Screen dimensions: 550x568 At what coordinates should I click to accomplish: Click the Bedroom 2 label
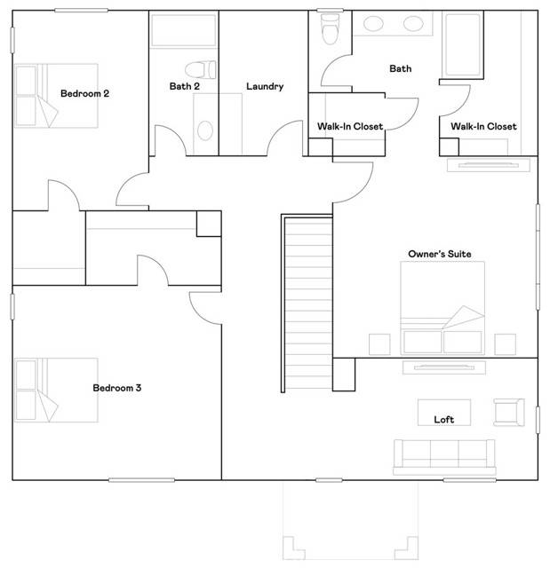[84, 93]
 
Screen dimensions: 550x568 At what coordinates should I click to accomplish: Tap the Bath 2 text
[185, 86]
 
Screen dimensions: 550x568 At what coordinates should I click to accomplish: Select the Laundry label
[265, 87]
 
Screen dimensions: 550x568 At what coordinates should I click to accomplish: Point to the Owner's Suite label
[440, 254]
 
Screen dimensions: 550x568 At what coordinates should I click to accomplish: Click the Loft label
[444, 420]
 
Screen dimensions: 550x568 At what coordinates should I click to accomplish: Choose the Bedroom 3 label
[117, 388]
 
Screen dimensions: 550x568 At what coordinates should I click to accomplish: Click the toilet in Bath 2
[201, 70]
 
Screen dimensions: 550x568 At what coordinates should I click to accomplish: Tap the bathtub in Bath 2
[183, 30]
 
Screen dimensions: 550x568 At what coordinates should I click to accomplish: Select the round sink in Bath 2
[205, 130]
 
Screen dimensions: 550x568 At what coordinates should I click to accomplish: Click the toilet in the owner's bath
[330, 28]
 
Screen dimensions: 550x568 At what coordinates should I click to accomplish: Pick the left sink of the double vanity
[373, 24]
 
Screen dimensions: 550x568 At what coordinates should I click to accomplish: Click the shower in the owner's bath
[462, 44]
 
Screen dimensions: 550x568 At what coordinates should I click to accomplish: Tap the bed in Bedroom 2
[56, 96]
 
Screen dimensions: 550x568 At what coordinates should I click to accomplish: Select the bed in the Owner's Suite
[442, 308]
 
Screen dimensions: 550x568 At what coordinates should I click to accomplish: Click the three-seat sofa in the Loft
[444, 457]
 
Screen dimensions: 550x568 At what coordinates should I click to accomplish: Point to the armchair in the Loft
[509, 412]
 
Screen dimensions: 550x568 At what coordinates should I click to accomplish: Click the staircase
[307, 304]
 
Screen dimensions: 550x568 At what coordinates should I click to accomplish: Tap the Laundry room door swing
[285, 138]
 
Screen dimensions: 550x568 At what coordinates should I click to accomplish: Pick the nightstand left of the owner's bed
[379, 344]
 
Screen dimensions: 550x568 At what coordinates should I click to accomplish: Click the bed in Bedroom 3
[56, 390]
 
